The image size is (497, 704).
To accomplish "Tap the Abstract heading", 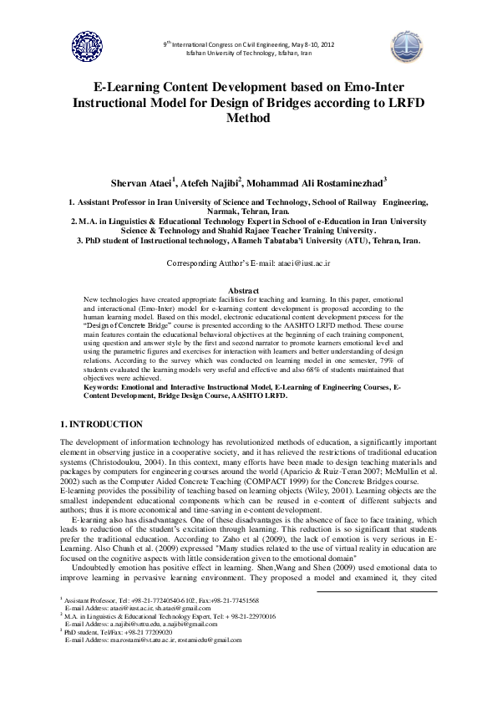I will tap(248, 290).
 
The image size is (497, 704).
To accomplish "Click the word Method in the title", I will tap(248, 119).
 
